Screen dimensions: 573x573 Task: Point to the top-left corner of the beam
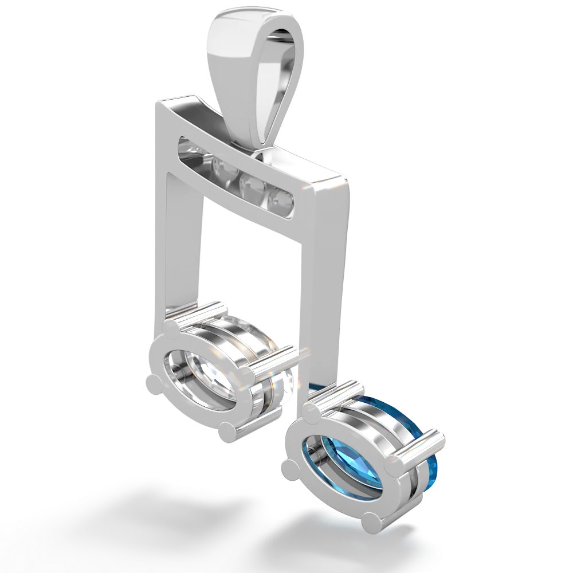point(156,102)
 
